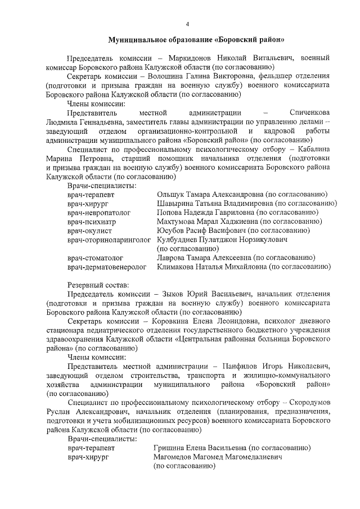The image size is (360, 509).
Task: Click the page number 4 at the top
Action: click(x=187, y=23)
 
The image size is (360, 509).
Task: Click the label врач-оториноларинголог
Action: click(x=109, y=240)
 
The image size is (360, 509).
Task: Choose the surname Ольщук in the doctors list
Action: click(x=172, y=195)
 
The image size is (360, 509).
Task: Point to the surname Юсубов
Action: click(x=171, y=231)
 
